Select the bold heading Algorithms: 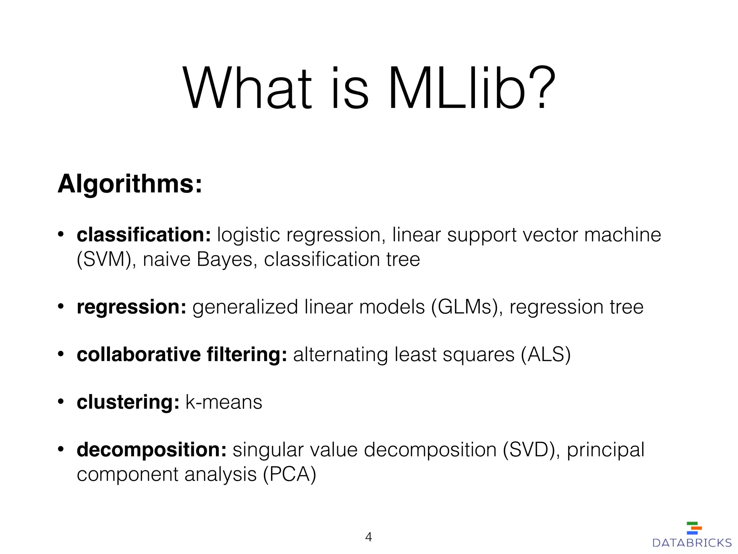tap(130, 184)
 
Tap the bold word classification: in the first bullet tap(144, 235)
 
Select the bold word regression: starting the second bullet tap(132, 307)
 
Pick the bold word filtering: tap(247, 355)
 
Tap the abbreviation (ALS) tap(546, 355)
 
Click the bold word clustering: tap(128, 402)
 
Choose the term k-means tap(223, 402)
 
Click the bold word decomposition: tap(151, 450)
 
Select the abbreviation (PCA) tap(289, 474)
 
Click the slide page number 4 tap(368, 537)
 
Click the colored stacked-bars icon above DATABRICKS tap(694, 528)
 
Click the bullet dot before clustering tap(61, 401)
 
